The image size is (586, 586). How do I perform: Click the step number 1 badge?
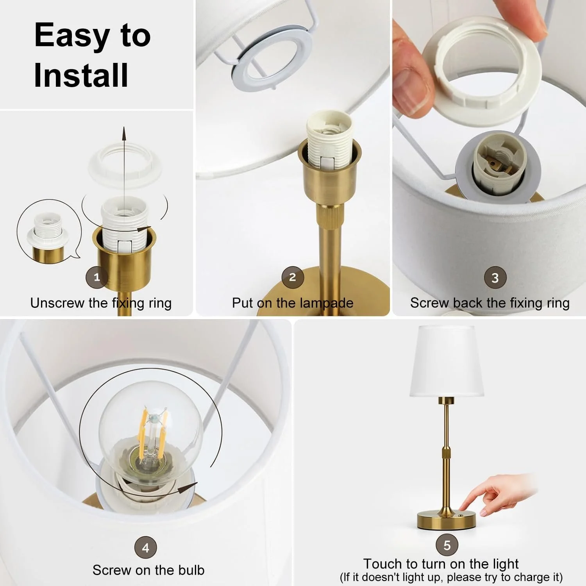96,277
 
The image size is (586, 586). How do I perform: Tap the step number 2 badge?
293,277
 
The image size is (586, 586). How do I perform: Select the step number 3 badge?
495,277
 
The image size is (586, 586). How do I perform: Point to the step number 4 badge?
145,548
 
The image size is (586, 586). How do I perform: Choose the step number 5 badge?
447,545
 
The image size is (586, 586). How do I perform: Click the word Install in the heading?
81,75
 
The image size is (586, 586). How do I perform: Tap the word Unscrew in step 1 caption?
57,303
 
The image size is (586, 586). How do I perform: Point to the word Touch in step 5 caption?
382,564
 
